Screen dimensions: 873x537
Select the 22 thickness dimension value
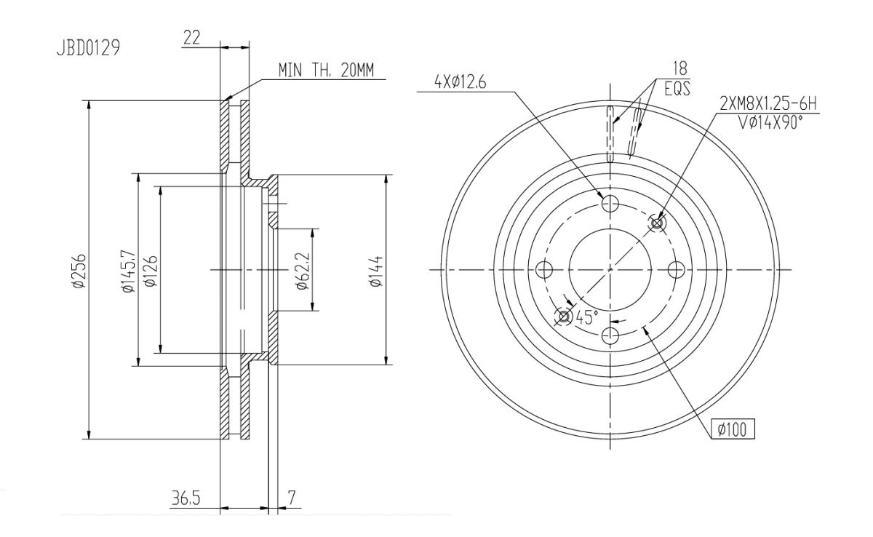click(192, 37)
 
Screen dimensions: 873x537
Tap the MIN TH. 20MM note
click(326, 70)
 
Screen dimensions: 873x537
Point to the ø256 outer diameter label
click(79, 271)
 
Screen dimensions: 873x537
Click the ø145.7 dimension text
click(129, 271)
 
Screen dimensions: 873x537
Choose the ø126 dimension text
click(151, 271)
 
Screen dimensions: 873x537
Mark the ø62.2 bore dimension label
click(303, 271)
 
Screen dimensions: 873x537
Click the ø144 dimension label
click(376, 271)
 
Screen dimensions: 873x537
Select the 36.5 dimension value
click(186, 498)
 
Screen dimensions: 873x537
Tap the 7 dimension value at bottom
click(292, 497)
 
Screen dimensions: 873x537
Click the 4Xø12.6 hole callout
click(461, 82)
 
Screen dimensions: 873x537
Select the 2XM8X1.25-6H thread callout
click(768, 105)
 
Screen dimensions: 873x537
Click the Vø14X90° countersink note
click(771, 123)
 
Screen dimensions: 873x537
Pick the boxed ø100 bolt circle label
click(733, 429)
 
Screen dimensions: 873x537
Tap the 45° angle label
click(586, 317)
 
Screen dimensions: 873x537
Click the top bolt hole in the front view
click(610, 203)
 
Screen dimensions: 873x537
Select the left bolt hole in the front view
click(544, 269)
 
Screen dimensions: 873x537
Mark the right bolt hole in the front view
click(676, 269)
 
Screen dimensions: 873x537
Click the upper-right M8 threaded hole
click(657, 223)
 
